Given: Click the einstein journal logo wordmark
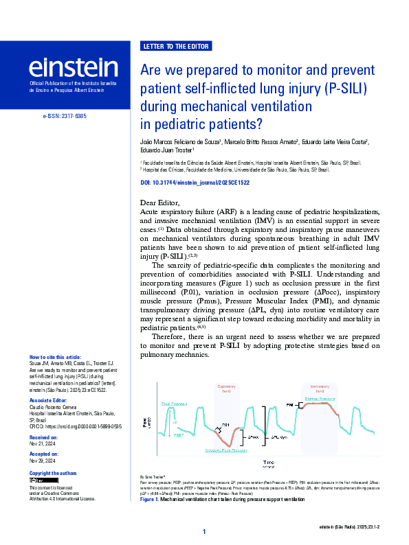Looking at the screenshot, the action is click(73, 67).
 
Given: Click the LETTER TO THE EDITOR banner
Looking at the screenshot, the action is click(176, 47).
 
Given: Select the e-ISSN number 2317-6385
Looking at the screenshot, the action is click(64, 117).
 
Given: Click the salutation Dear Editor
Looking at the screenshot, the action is click(159, 202).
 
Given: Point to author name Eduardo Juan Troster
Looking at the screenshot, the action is click(167, 150).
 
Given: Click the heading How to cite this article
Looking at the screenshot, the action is click(56, 358).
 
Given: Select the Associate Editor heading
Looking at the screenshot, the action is click(49, 399).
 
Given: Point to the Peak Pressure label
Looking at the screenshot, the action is click(174, 404).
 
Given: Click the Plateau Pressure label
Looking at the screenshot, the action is click(320, 399).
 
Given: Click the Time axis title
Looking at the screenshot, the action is click(269, 462).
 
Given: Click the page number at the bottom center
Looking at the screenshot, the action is click(204, 532).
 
